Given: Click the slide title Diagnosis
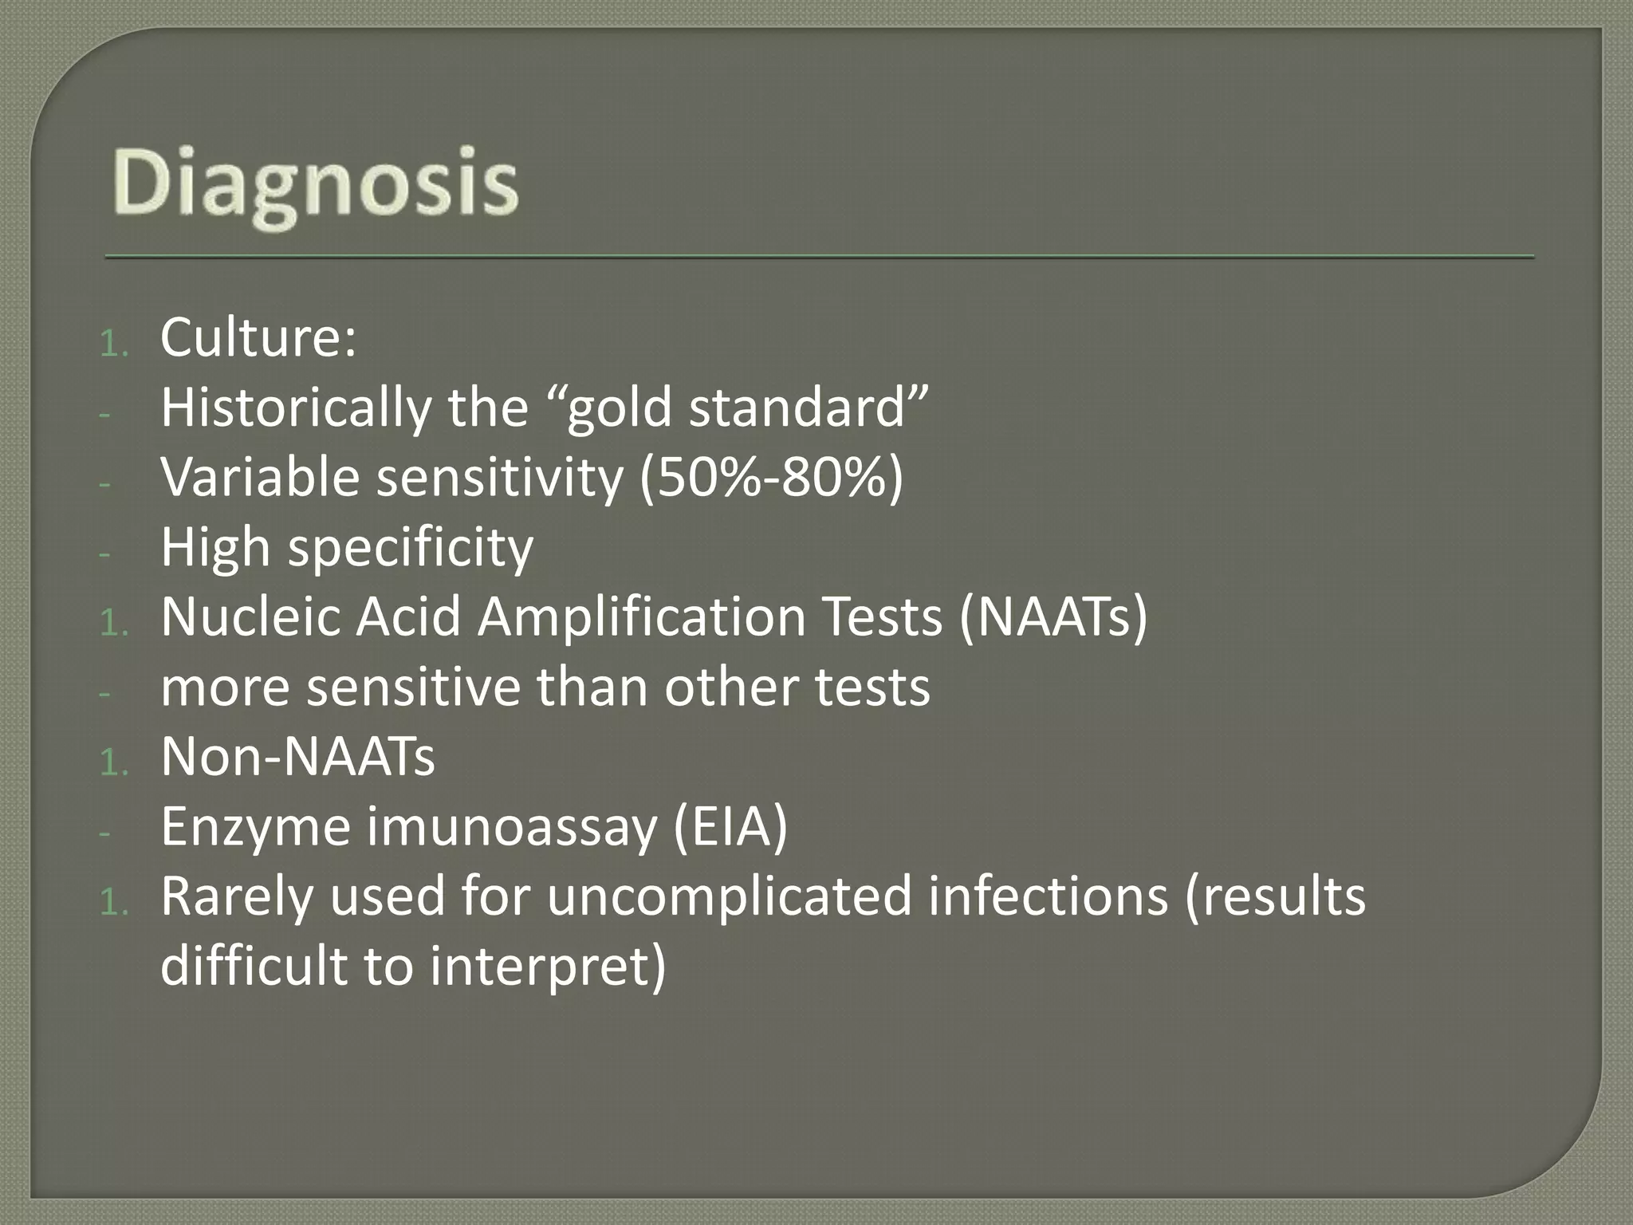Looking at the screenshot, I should coord(316,185).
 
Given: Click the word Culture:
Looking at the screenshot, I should coord(258,338).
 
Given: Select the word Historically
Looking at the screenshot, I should coord(295,408).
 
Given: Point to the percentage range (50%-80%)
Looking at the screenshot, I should coord(772,478).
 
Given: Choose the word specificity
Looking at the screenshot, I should coord(410,549).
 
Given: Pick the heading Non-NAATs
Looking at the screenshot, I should coord(297,757).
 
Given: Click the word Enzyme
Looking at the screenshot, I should coord(255,827).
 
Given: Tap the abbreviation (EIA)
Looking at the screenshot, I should coord(730,827).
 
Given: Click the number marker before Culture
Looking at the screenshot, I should coord(114,345).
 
